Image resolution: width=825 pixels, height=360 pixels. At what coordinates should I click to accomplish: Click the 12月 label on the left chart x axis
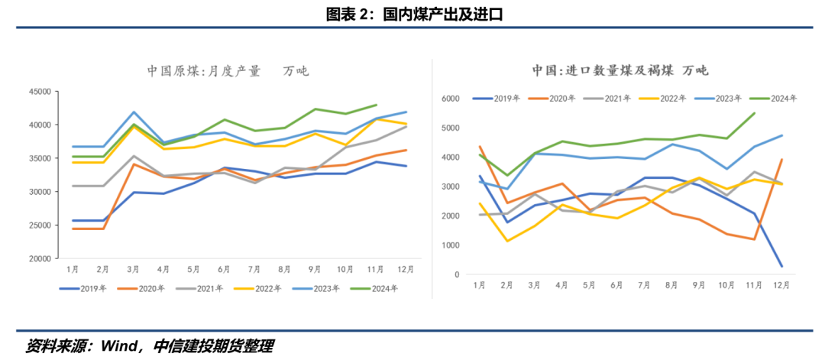pyautogui.click(x=406, y=269)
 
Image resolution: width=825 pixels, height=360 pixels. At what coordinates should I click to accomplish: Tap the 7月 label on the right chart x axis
pyautogui.click(x=643, y=285)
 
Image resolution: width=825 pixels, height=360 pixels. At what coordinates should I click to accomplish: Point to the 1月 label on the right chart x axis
pyautogui.click(x=479, y=285)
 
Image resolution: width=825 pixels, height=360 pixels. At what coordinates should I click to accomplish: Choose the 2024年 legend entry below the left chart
pyautogui.click(x=377, y=288)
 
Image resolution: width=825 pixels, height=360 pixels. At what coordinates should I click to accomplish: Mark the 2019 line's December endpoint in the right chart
pyautogui.click(x=781, y=266)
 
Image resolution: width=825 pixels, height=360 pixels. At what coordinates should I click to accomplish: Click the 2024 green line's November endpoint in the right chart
pyautogui.click(x=755, y=113)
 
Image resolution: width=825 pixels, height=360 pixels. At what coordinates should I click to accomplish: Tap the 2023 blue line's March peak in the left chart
pyautogui.click(x=134, y=112)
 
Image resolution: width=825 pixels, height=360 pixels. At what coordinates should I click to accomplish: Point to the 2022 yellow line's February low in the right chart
pyautogui.click(x=506, y=242)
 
